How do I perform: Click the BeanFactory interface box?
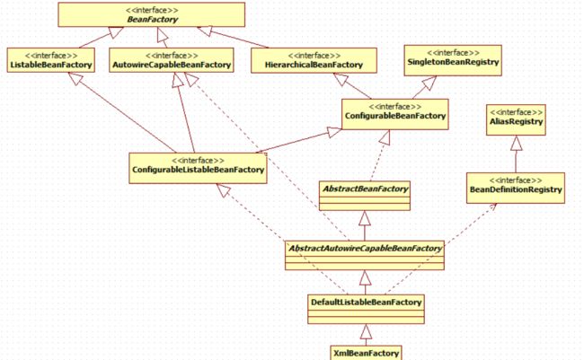[x=151, y=14]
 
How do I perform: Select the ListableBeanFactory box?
[x=50, y=60]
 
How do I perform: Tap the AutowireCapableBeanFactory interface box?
[x=172, y=60]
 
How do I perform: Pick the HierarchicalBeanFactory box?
[x=314, y=60]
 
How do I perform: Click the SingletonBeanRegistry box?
[x=453, y=60]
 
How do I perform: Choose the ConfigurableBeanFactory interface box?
[x=394, y=114]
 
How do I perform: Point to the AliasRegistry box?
[x=516, y=120]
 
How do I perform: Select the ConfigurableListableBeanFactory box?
[x=198, y=168]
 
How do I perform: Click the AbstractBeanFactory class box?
[x=365, y=196]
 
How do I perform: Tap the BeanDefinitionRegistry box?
[x=516, y=188]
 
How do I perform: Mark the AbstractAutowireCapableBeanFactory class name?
[x=365, y=249]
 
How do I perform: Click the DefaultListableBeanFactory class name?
[x=366, y=302]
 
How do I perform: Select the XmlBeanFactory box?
[x=366, y=353]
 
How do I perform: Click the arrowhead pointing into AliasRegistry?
[x=516, y=143]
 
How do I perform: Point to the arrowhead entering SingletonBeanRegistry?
[x=429, y=83]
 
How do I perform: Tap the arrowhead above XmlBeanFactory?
[x=366, y=331]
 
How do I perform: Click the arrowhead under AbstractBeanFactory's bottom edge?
[x=365, y=218]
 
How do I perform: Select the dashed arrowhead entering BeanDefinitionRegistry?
[x=492, y=206]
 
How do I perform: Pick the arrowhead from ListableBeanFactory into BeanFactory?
[x=116, y=32]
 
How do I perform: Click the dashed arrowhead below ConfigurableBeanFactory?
[x=385, y=137]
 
